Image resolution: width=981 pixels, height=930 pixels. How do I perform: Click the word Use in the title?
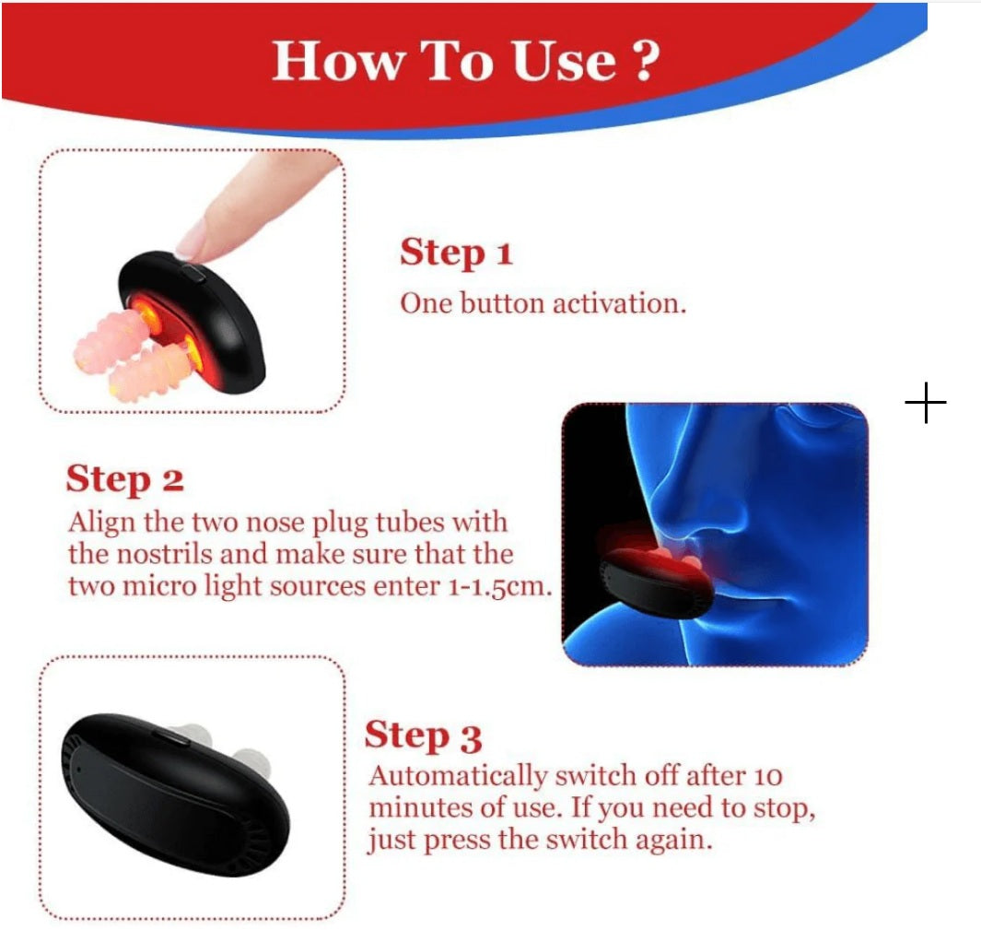[560, 60]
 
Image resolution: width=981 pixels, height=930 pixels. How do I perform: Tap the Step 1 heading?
[455, 253]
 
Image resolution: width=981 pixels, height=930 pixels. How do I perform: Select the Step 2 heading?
[124, 480]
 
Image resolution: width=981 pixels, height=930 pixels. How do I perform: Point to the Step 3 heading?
[423, 736]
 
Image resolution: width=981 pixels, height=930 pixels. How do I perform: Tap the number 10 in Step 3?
[765, 775]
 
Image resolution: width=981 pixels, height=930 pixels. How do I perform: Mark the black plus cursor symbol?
[926, 404]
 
